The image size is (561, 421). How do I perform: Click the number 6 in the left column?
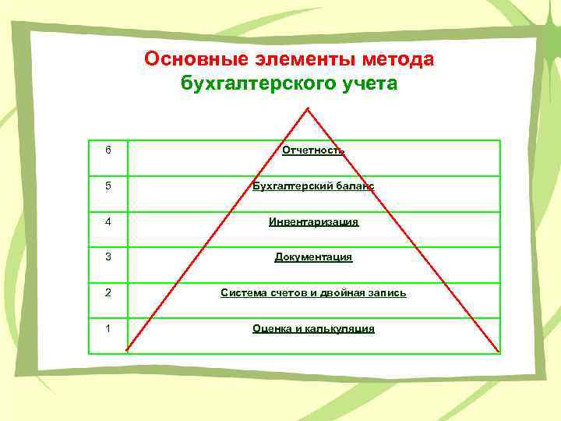tap(108, 150)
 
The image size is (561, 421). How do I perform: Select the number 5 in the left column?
tap(108, 186)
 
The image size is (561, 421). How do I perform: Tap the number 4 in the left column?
tap(108, 221)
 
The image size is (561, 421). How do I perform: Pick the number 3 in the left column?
tap(108, 256)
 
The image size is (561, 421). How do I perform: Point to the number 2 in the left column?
tap(108, 292)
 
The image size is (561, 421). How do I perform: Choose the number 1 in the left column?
tap(108, 328)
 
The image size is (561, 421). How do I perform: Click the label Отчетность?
tap(313, 150)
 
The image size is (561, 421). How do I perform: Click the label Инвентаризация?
tap(313, 221)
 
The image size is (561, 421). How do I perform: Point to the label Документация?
tap(313, 257)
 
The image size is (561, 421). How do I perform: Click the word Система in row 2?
tap(243, 293)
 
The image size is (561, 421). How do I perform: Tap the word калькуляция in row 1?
tap(337, 329)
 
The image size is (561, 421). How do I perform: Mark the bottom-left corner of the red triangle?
tap(126, 351)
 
